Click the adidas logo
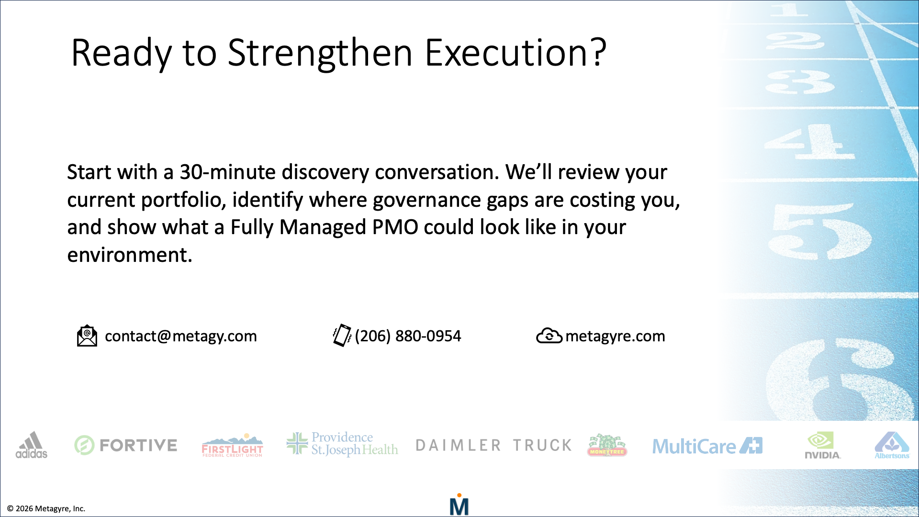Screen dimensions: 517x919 32,445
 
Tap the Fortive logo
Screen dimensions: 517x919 126,445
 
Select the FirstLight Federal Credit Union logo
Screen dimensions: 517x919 233,446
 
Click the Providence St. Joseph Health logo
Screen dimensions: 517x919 342,444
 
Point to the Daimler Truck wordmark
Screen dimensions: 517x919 493,445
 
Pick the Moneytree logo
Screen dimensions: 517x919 607,445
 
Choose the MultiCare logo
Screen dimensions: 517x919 707,446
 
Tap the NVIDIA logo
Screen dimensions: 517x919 822,445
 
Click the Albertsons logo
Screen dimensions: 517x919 892,445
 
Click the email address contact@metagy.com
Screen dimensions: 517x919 180,336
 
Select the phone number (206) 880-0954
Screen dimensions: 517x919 408,336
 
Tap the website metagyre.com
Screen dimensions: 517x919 615,336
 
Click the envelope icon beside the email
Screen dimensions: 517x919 87,336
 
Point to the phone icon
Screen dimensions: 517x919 342,335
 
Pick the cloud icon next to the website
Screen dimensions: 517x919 549,336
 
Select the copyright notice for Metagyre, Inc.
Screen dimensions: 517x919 46,508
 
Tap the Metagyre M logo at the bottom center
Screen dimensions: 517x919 459,505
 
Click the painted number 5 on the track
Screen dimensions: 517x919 819,232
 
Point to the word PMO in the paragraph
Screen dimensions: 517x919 395,227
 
